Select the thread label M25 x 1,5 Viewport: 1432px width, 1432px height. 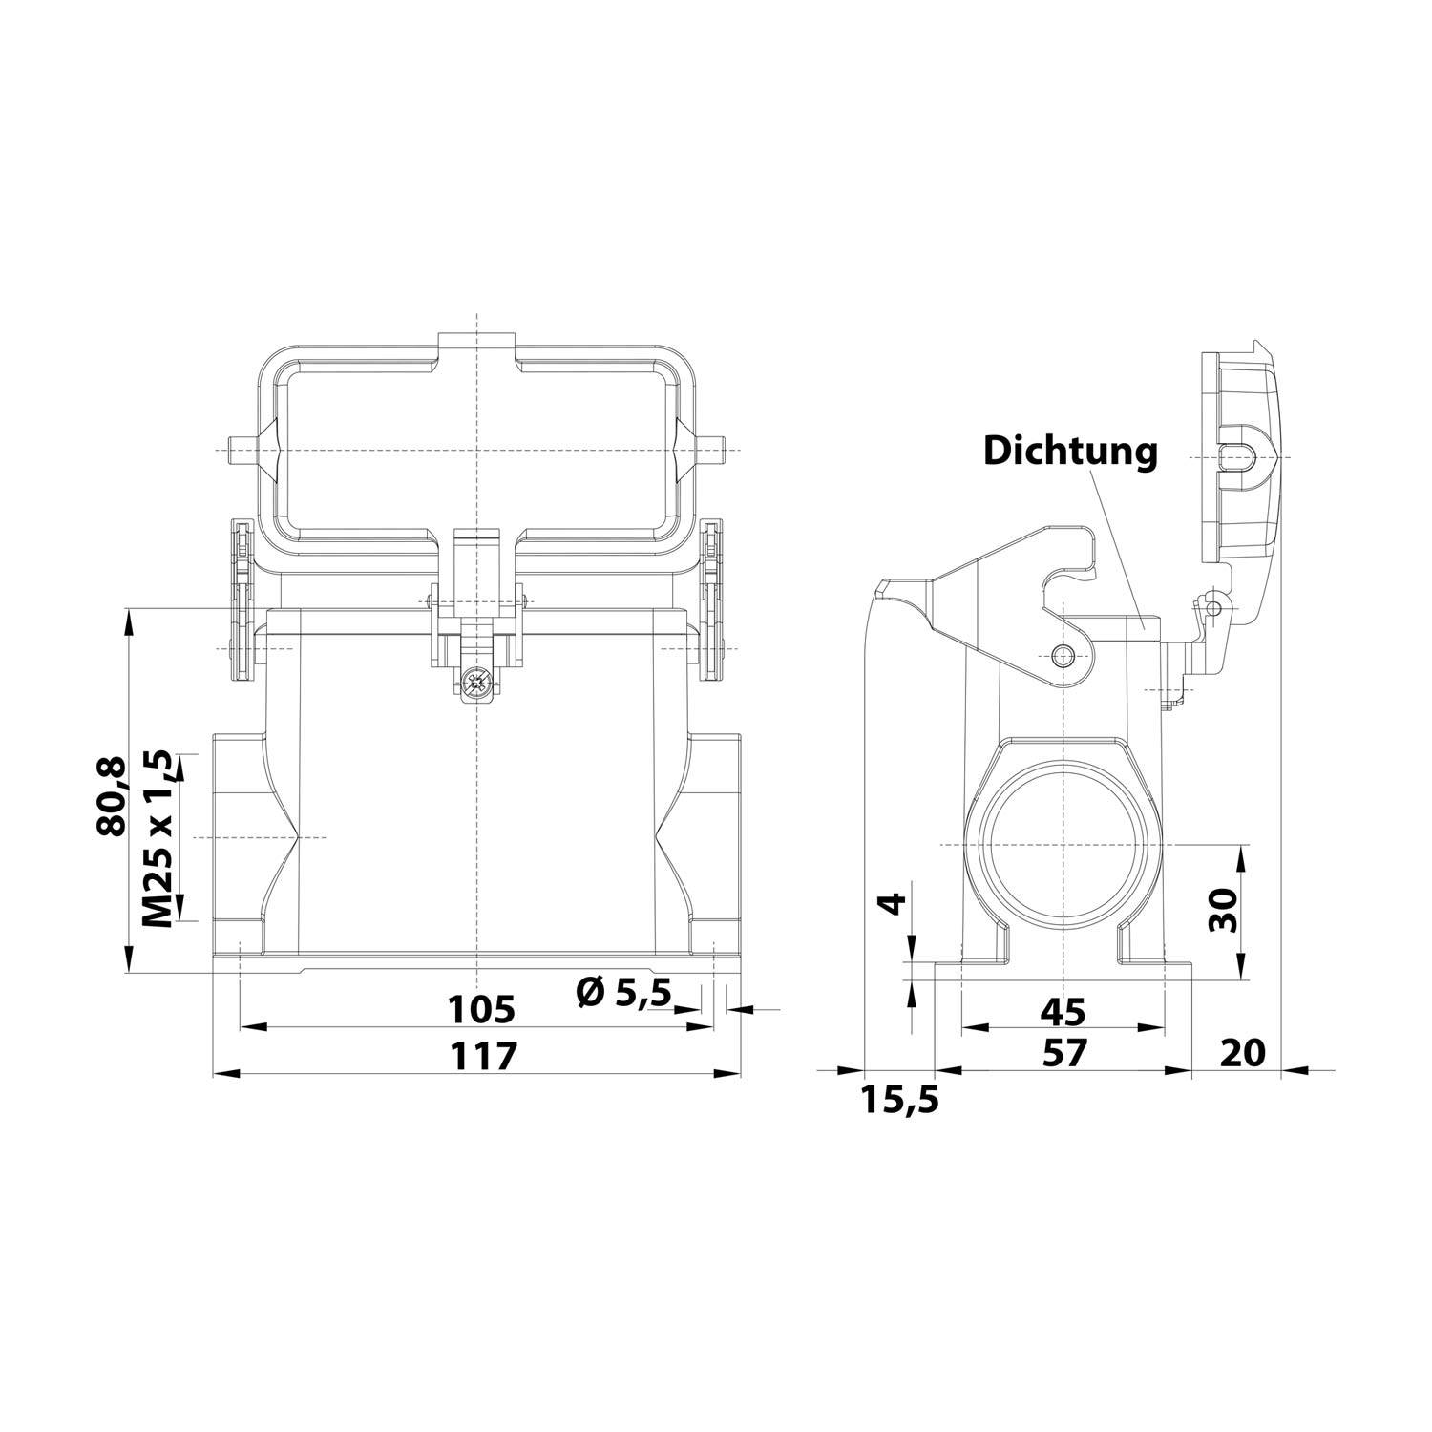click(x=158, y=839)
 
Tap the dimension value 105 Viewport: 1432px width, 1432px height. click(x=482, y=1007)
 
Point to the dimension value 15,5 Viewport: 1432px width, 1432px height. click(x=900, y=1100)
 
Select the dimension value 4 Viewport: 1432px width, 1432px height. click(x=891, y=903)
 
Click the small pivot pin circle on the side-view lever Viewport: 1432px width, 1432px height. click(x=1063, y=655)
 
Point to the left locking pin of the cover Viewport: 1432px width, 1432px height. click(x=241, y=450)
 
